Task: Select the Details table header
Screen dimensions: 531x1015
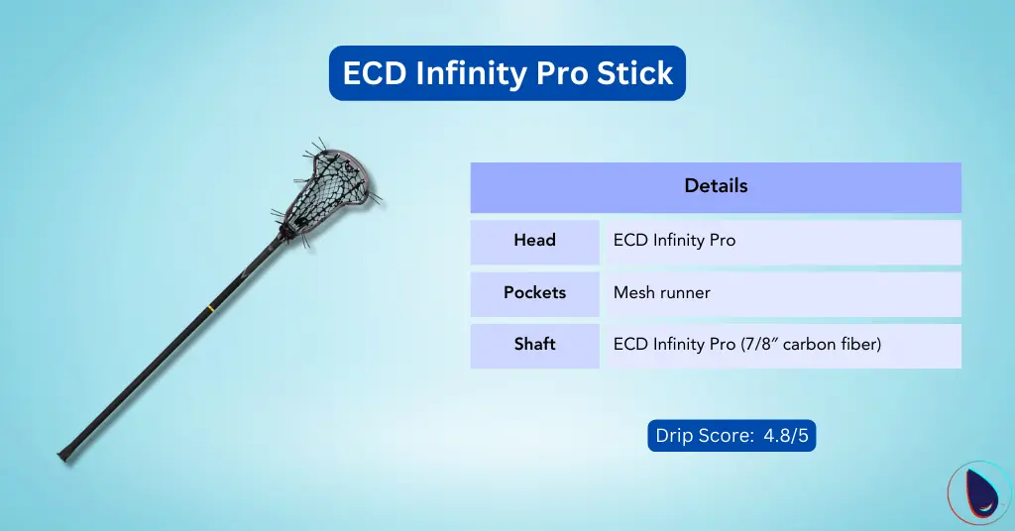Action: coord(716,186)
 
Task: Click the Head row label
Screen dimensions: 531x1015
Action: coord(534,241)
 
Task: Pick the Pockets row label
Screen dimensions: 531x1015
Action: coord(534,293)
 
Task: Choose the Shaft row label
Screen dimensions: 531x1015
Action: coord(534,345)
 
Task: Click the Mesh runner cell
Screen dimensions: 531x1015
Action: coord(662,293)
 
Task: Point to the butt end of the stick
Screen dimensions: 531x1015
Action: coord(64,455)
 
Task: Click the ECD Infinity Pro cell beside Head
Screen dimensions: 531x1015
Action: coord(674,241)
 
